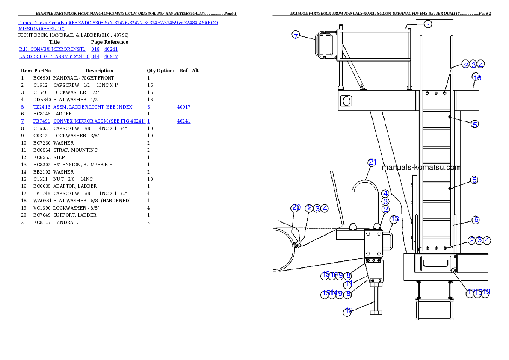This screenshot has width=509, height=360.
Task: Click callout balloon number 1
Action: click(x=429, y=25)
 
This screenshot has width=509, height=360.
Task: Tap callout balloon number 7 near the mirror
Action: click(x=296, y=35)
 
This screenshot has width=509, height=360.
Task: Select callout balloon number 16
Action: click(x=477, y=77)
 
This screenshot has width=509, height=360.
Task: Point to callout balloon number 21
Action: click(x=372, y=162)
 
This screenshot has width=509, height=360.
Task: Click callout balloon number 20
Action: click(x=296, y=208)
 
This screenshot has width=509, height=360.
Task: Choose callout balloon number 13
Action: click(x=395, y=219)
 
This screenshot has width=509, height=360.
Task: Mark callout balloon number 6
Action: click(x=476, y=220)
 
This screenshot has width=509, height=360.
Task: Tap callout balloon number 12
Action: click(x=349, y=311)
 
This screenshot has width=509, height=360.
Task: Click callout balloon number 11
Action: click(x=349, y=284)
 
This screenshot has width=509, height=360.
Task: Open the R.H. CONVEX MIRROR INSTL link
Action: click(x=53, y=50)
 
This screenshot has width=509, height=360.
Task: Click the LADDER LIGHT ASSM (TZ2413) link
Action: click(x=54, y=56)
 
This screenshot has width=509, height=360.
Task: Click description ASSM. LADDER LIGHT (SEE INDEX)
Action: click(x=94, y=107)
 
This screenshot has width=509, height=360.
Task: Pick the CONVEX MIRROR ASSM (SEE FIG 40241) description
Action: click(x=100, y=121)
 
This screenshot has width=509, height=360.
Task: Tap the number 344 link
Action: click(x=95, y=56)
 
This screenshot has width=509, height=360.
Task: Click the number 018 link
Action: click(x=95, y=50)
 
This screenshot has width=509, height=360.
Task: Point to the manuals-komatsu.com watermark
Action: click(x=421, y=167)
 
